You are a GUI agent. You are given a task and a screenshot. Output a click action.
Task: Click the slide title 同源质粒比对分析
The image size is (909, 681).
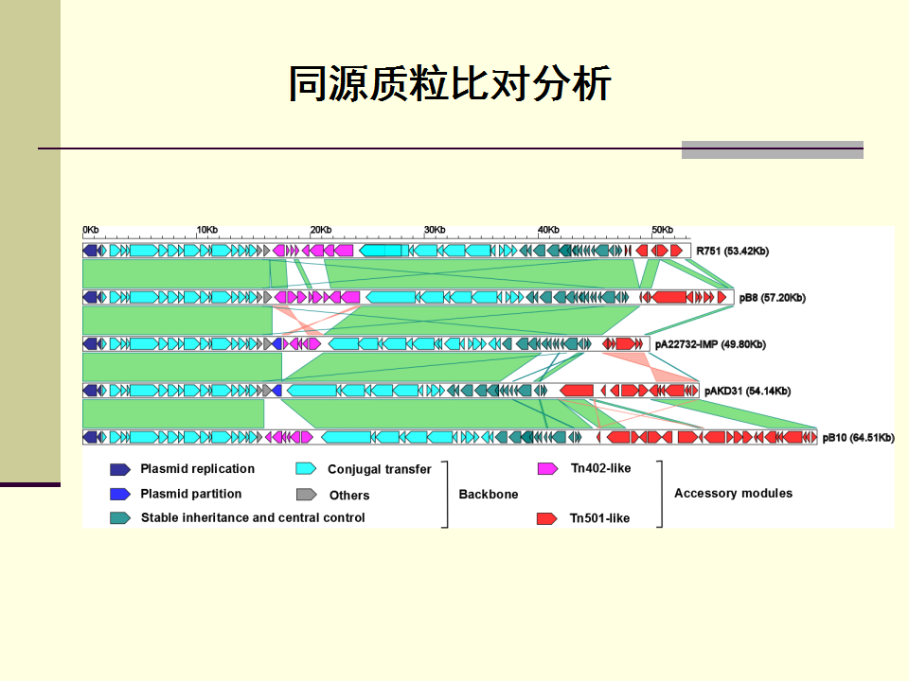click(450, 83)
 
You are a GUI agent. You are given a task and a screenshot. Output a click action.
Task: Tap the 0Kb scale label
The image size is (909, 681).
click(91, 230)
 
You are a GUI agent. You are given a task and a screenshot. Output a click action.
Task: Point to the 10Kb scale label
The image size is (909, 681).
click(207, 230)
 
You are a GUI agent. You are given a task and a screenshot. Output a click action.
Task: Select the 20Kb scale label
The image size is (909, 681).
click(321, 230)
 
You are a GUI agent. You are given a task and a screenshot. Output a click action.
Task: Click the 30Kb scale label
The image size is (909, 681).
click(435, 230)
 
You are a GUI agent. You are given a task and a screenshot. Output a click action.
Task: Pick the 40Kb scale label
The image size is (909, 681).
click(548, 230)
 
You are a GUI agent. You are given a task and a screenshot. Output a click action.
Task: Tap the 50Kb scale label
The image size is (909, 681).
click(662, 230)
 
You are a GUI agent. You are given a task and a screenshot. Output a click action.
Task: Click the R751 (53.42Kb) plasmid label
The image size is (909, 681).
click(732, 252)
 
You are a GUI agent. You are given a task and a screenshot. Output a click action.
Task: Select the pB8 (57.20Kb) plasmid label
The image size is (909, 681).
click(773, 298)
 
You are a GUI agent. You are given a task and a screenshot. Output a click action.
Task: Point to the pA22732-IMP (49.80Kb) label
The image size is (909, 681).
click(710, 344)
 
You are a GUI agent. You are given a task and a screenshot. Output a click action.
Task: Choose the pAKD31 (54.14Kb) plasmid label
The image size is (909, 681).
click(747, 391)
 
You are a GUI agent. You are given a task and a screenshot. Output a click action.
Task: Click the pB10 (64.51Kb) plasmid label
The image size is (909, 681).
click(858, 438)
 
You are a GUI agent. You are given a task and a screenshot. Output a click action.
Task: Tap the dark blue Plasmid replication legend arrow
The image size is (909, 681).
click(120, 469)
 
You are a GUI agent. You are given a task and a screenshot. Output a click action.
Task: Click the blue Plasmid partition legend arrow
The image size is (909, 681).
click(120, 494)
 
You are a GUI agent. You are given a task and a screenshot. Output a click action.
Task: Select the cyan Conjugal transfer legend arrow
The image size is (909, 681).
click(306, 468)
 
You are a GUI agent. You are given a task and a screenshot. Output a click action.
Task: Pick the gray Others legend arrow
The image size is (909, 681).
click(306, 495)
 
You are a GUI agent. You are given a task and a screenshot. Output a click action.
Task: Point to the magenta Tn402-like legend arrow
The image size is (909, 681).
click(547, 468)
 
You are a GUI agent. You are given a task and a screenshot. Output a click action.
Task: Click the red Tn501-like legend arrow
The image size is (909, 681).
click(546, 518)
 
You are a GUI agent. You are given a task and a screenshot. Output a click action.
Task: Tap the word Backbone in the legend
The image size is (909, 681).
click(489, 495)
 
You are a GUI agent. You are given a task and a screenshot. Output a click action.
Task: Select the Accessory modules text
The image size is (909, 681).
click(733, 494)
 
